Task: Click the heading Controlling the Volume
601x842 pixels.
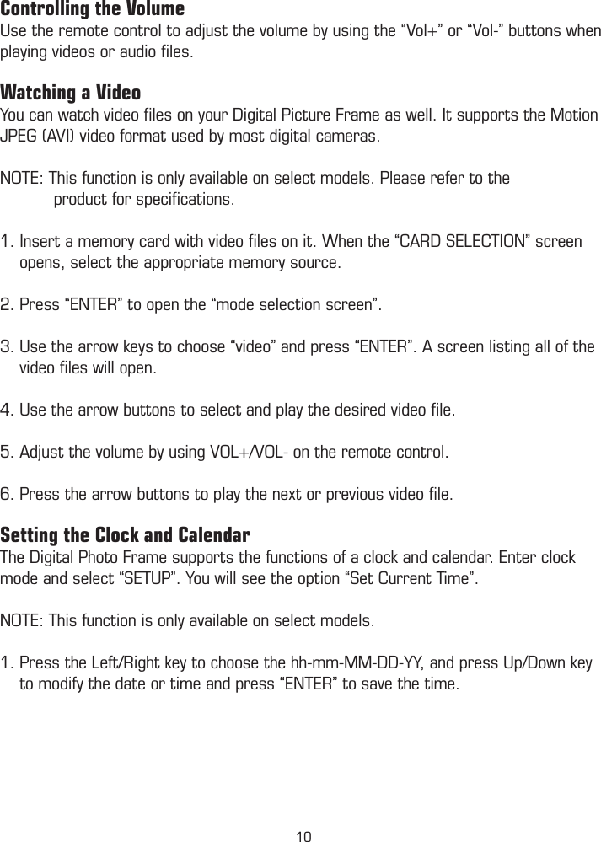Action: [x=93, y=10]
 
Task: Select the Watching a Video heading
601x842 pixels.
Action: [x=71, y=92]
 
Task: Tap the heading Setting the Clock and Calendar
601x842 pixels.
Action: [x=125, y=536]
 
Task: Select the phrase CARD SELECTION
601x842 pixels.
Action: [x=459, y=243]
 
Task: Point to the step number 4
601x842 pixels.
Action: [x=7, y=410]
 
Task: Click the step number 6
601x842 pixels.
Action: [x=7, y=492]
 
